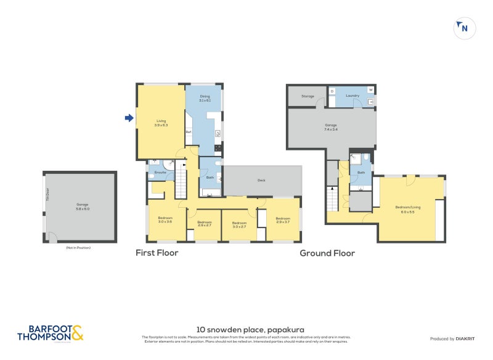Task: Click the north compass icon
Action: click(465, 28)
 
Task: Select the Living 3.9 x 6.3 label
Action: click(161, 123)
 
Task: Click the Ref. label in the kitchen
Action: click(189, 132)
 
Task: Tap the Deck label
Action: click(261, 181)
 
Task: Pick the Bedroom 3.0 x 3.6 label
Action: click(165, 219)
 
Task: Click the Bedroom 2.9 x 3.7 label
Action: click(283, 219)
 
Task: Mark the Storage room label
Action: click(308, 96)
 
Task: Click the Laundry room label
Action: click(352, 96)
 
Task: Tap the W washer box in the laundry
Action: click(371, 90)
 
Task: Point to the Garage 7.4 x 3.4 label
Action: click(331, 127)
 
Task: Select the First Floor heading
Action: click(157, 253)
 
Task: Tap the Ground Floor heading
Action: click(327, 253)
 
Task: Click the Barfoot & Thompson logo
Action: click(50, 333)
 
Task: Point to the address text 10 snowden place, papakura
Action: click(250, 330)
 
